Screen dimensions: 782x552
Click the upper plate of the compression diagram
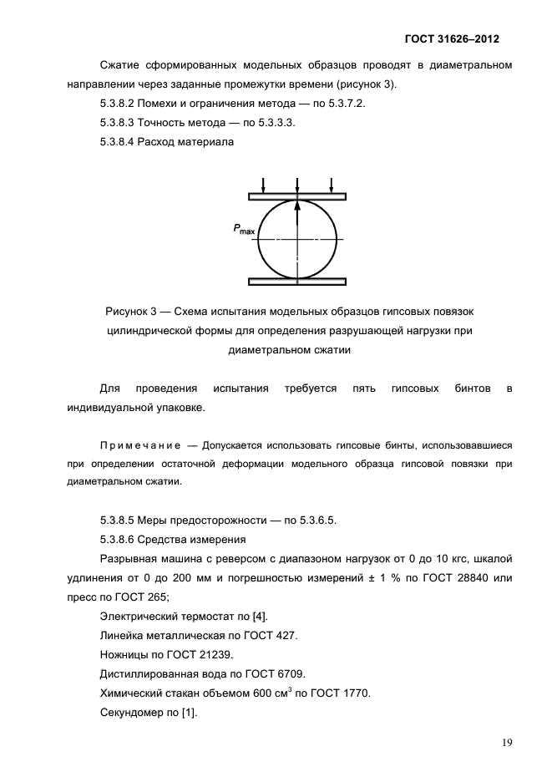297,196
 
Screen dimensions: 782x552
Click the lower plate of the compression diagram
297,282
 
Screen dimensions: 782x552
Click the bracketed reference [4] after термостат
261,616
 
